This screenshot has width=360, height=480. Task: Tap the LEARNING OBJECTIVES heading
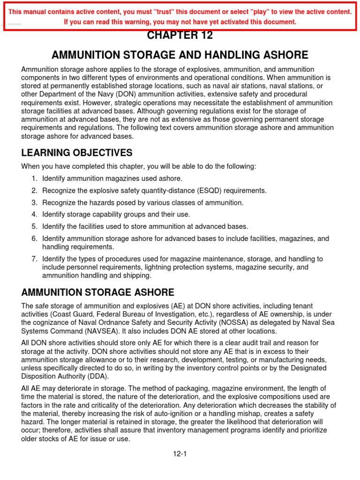click(77, 153)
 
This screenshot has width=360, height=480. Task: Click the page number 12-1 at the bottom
click(180, 454)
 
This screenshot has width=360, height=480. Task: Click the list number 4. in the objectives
click(34, 214)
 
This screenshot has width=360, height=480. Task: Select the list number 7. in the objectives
click(34, 259)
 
